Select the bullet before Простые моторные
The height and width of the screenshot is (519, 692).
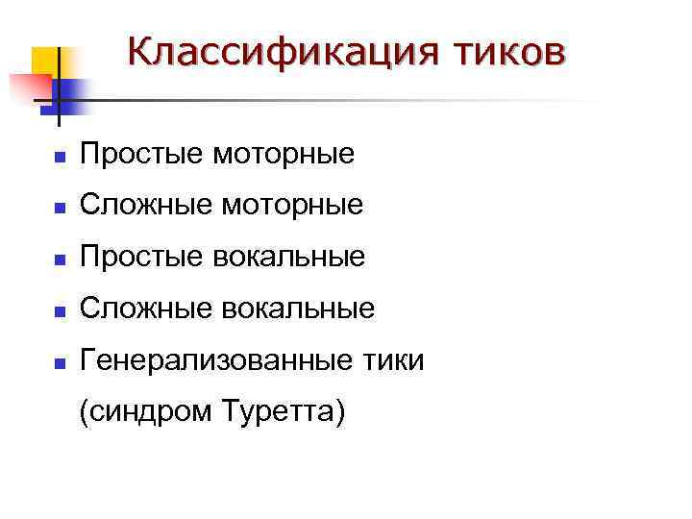(59, 155)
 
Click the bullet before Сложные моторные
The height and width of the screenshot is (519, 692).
(59, 207)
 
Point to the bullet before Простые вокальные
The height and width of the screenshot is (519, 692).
(59, 259)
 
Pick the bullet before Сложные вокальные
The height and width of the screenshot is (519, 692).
(59, 310)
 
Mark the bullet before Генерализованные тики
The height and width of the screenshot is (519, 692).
(59, 363)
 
